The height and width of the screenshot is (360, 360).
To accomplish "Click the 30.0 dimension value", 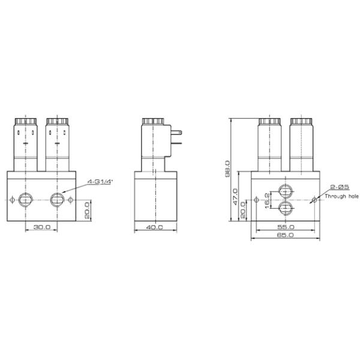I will (x=42, y=227).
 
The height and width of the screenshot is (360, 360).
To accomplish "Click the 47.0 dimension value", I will (x=235, y=196).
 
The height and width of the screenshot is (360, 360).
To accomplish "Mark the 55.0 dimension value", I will (x=285, y=228).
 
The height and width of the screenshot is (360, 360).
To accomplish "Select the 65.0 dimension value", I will (x=285, y=236).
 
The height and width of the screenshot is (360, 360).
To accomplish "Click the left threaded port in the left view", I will (x=26, y=199).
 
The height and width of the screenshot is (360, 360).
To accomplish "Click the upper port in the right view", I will (x=285, y=194).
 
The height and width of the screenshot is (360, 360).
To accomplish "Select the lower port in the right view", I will (x=285, y=208).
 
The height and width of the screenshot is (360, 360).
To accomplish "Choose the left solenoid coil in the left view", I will (x=26, y=144).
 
